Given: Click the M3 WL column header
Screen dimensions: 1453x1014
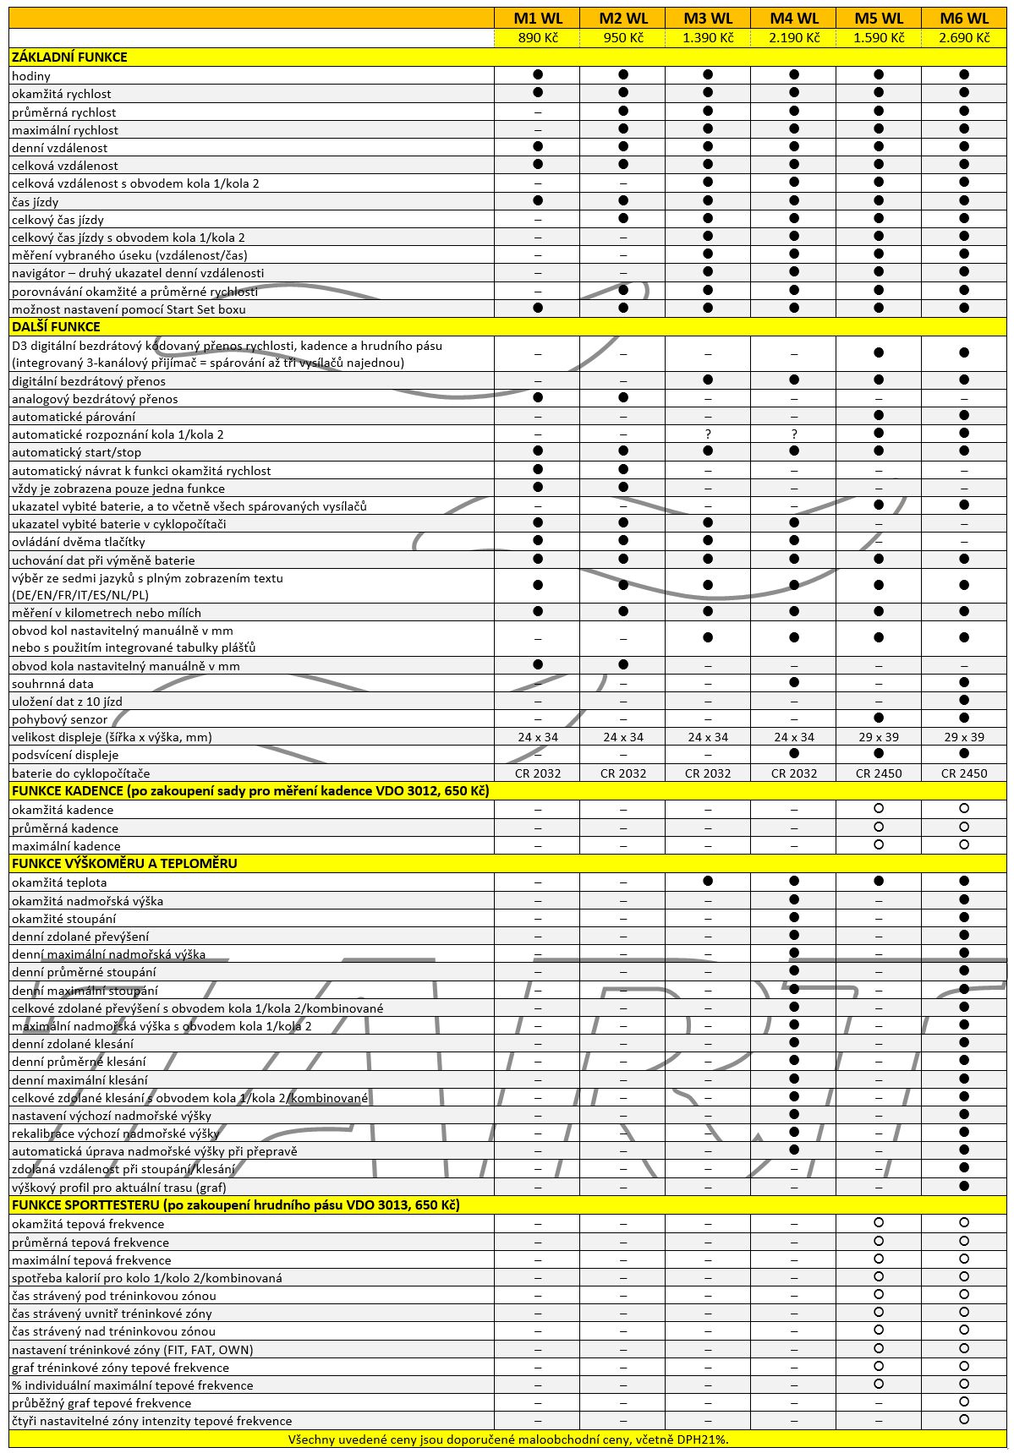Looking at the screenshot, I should [708, 18].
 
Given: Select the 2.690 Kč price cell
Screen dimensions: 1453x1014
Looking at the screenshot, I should [963, 37].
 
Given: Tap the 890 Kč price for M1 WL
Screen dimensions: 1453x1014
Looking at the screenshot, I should [537, 37].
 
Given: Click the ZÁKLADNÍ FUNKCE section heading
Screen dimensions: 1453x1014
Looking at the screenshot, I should [69, 57].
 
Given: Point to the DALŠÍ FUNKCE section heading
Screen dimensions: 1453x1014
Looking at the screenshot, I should [56, 326].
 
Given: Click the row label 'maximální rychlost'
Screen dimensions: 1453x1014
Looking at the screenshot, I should [65, 129].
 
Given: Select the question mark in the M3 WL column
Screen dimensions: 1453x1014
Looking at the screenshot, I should [708, 434].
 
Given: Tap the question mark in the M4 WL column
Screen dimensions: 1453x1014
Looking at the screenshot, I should [793, 434].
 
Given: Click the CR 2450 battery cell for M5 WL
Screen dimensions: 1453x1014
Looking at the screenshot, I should [879, 773].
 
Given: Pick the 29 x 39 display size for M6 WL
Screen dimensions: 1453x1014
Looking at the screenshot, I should [963, 737].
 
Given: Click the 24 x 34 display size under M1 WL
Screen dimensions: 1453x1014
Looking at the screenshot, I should [537, 737].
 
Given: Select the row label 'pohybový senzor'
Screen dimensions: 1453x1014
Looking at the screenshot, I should [60, 719].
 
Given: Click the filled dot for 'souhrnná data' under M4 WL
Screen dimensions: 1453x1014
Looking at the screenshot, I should [793, 682].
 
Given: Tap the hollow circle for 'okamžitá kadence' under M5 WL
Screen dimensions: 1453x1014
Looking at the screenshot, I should [879, 809].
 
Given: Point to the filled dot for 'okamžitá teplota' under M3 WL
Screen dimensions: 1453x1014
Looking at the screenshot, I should [708, 881].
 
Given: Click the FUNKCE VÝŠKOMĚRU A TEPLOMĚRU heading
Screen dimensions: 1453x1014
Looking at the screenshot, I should [124, 863].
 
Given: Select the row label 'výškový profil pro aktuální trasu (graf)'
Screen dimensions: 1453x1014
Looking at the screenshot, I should [119, 1187].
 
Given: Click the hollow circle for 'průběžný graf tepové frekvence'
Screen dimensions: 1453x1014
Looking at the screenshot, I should [963, 1402].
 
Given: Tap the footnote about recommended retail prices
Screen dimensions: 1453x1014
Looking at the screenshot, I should [507, 1439].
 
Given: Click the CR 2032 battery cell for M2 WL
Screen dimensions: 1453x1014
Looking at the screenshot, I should [622, 773].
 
